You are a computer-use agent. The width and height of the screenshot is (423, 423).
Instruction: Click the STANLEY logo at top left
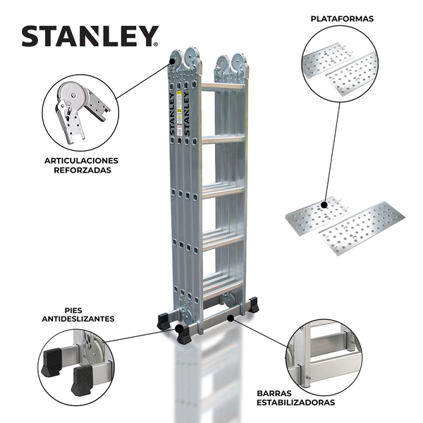[89, 36]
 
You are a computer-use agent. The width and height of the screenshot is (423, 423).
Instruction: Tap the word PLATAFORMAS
[343, 19]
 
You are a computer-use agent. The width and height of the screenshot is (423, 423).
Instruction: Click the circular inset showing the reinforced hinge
[79, 111]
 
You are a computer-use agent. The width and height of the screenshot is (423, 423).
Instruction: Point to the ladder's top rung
[223, 86]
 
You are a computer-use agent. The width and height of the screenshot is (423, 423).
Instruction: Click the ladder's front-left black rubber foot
[183, 335]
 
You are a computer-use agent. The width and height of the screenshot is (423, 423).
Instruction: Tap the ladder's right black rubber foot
[253, 306]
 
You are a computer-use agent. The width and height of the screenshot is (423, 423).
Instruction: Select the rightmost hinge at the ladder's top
[240, 64]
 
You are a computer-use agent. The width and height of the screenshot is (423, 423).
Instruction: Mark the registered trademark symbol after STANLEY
[155, 44]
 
